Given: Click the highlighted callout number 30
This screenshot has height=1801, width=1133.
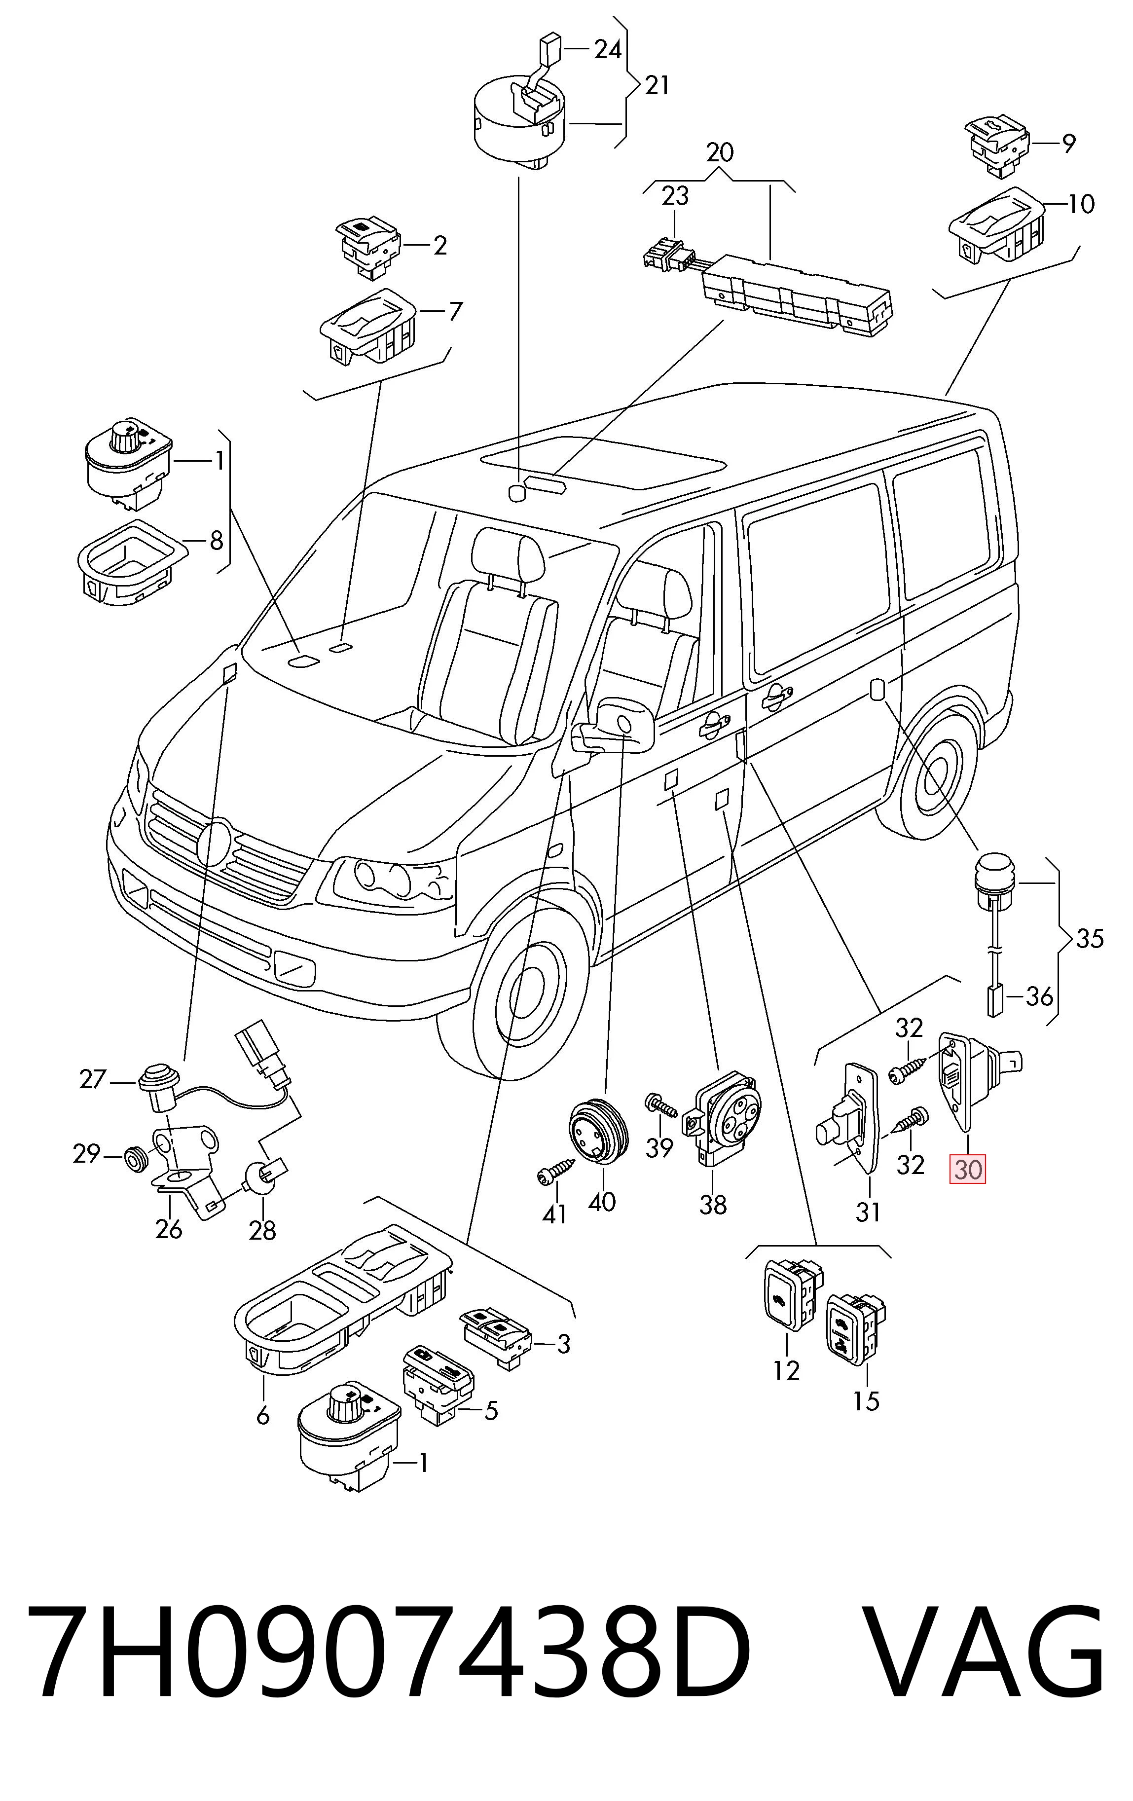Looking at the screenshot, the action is coord(967,1168).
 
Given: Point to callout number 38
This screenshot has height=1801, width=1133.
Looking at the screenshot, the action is coord(713,1204).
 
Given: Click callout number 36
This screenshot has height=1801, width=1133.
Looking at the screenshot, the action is coord(1039,996).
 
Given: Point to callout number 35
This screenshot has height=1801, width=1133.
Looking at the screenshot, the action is coord(1090,938).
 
